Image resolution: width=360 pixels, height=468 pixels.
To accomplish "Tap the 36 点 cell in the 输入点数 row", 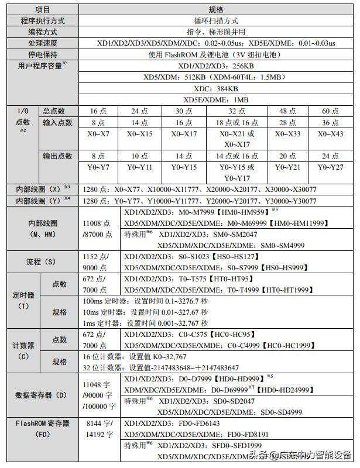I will pos(330,123).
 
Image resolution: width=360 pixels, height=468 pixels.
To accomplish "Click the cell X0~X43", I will pos(330,134).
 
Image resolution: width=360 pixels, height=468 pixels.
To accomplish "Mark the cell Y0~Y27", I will pos(330,167).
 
